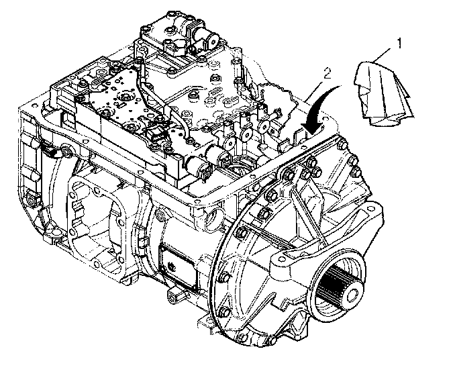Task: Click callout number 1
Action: click(x=399, y=44)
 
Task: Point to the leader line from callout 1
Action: click(x=383, y=55)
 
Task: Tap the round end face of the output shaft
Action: click(x=350, y=296)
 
